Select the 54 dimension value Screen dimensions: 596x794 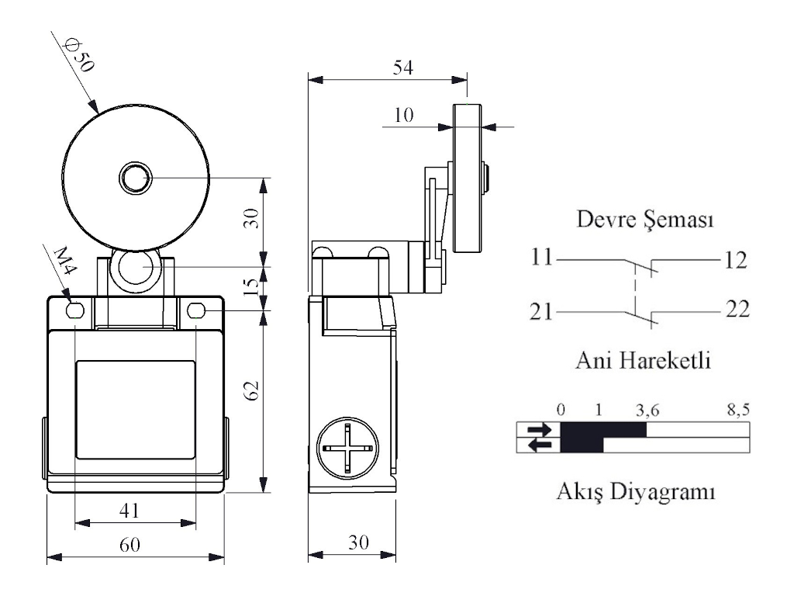(402, 68)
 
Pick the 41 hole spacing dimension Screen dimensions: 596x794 (129, 510)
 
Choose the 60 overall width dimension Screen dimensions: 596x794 (129, 545)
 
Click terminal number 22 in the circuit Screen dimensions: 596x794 (738, 310)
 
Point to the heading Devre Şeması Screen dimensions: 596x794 (645, 220)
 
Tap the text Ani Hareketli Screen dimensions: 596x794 (645, 361)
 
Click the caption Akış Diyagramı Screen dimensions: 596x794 (636, 491)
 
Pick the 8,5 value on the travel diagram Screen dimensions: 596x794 (737, 410)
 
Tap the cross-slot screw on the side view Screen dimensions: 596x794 (347, 449)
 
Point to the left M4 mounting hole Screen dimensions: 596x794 (75, 311)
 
